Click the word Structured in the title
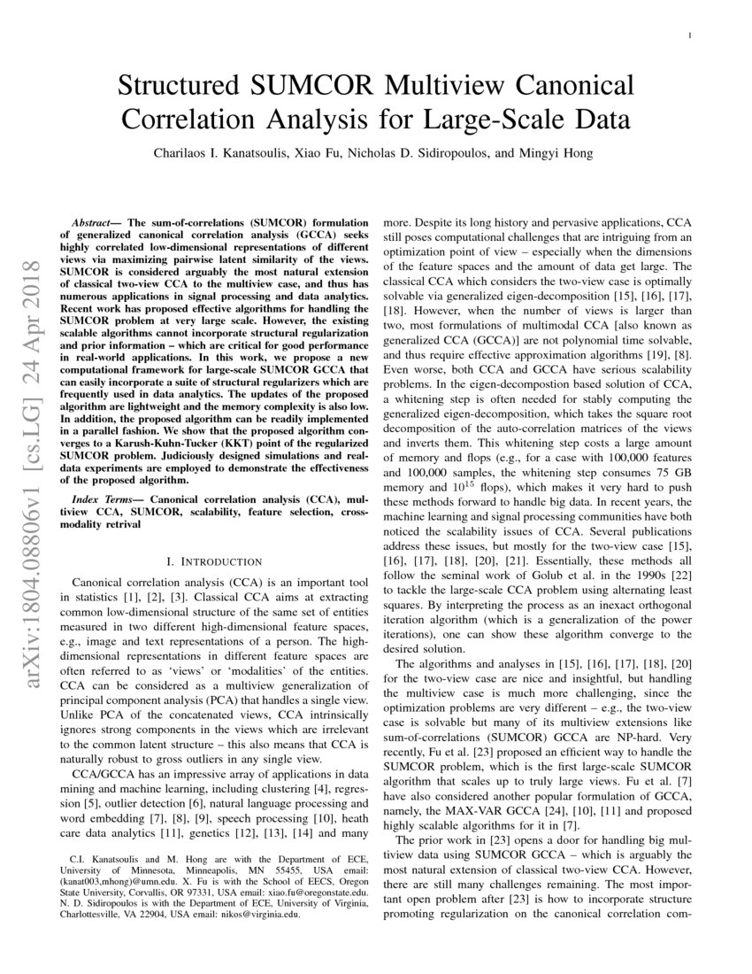180,87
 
